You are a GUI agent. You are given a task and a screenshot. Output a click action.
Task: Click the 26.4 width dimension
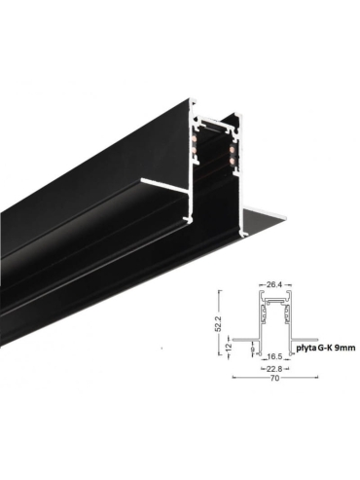tap(273, 285)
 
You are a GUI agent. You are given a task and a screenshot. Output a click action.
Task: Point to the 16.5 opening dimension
tap(274, 357)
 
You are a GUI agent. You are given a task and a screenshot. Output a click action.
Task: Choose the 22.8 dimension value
tap(274, 368)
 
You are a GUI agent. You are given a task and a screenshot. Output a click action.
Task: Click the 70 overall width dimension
tap(274, 378)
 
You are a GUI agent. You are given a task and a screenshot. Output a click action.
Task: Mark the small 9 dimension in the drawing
tap(253, 350)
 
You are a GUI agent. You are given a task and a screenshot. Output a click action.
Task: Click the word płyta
tap(306, 349)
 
